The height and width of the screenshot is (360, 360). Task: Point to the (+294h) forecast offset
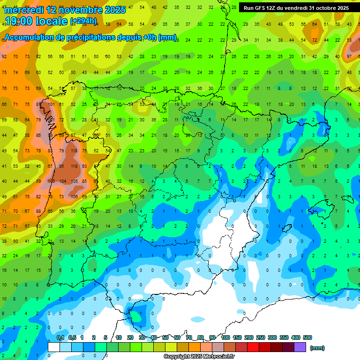point(83,21)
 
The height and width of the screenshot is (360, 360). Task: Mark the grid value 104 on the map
point(62,181)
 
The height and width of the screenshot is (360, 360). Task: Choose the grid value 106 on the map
point(73,196)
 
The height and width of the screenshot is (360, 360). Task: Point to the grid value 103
point(50,181)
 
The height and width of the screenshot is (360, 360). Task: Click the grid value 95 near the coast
point(61,166)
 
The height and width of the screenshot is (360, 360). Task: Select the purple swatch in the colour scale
point(300,347)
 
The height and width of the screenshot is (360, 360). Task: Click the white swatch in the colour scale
point(54,347)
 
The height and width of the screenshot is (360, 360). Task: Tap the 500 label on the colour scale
point(307,337)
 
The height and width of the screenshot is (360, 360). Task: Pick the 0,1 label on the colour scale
point(60,337)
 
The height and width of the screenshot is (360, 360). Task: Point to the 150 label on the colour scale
point(237,337)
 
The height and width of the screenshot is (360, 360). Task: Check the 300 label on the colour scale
point(272,337)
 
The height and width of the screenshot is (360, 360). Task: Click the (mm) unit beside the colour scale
point(317,348)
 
